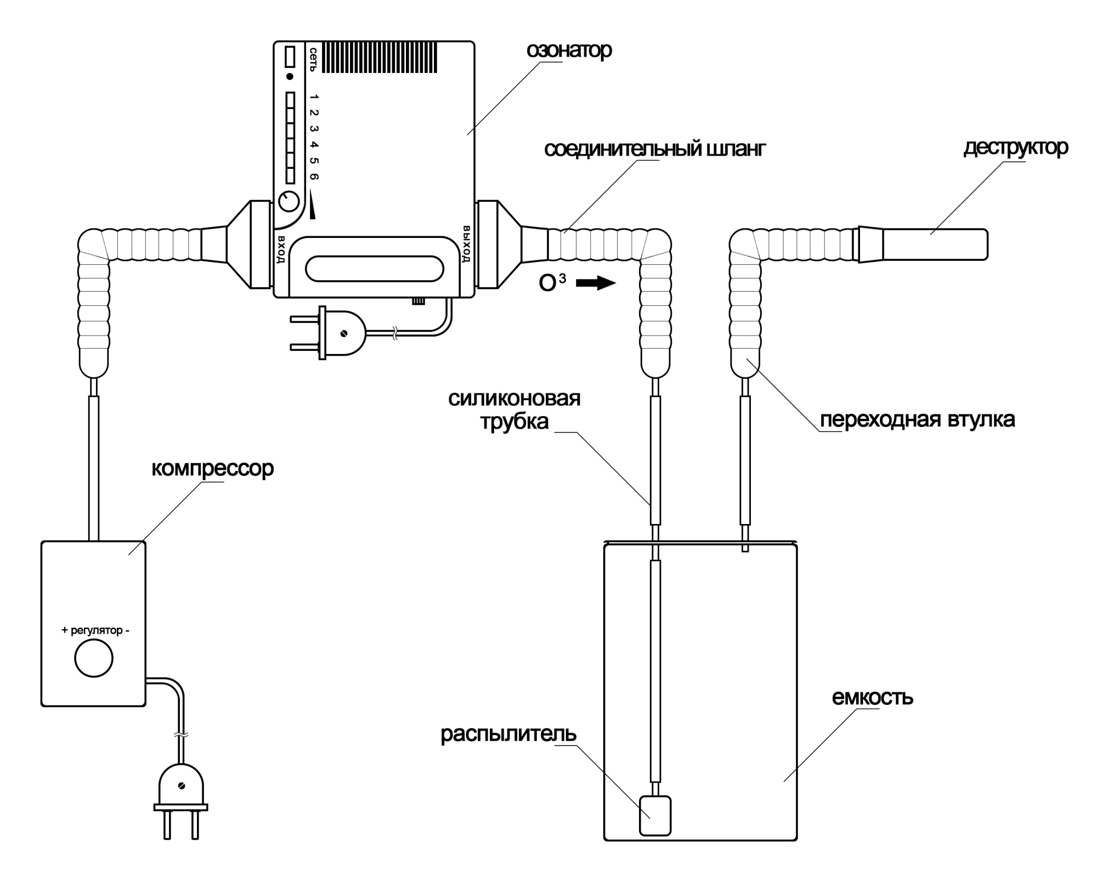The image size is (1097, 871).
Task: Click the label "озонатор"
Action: [569, 50]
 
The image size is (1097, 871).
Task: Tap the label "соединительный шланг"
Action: [655, 149]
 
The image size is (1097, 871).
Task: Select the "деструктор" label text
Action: [1016, 147]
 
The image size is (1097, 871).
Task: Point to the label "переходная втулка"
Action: [917, 419]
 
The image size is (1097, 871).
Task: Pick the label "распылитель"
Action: [508, 734]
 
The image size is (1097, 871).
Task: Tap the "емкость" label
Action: [872, 697]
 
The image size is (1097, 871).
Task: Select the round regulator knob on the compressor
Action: [94, 658]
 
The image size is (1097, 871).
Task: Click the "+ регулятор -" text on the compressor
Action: [95, 630]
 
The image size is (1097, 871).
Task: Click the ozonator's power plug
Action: [327, 333]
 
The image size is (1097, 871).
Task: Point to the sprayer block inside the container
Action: [655, 816]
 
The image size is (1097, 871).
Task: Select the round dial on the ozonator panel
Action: [289, 201]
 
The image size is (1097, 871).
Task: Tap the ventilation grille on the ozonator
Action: [380, 57]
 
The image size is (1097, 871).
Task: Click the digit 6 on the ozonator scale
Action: [314, 177]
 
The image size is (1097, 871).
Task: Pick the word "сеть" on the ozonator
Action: [313, 60]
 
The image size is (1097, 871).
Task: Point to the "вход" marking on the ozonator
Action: [281, 249]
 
